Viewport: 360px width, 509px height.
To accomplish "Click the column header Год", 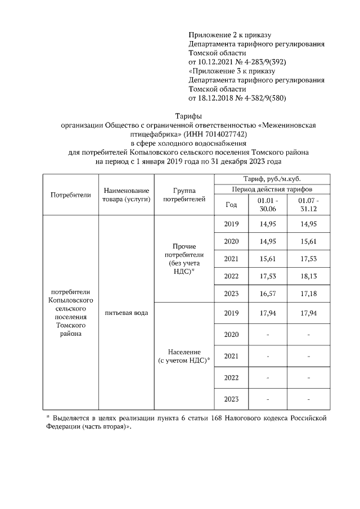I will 231,205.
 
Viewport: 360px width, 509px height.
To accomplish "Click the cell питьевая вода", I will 126,312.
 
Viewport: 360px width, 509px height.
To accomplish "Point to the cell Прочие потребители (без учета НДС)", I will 183,259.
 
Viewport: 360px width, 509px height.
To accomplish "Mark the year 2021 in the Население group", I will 231,356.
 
